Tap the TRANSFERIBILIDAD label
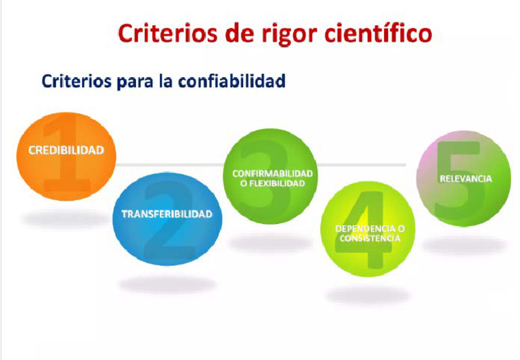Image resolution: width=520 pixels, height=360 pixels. (167, 215)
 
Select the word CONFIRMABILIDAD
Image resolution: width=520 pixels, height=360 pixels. (273, 173)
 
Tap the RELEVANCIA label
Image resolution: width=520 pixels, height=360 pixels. (465, 179)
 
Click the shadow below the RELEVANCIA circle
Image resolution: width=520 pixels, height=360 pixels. (464, 244)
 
